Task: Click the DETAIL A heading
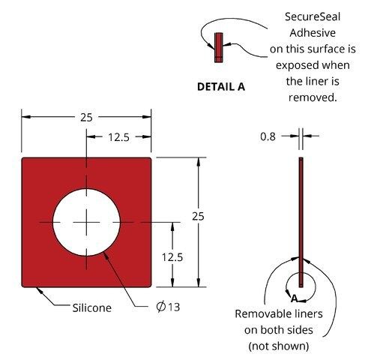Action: tap(221, 87)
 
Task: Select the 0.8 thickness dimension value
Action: tap(268, 136)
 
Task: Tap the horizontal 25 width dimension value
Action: tap(86, 117)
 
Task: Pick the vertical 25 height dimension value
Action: tap(198, 216)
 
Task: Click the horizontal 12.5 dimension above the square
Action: tap(118, 137)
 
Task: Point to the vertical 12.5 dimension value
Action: tap(172, 257)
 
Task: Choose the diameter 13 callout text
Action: tap(168, 307)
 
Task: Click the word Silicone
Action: tap(92, 307)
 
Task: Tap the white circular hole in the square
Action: tap(86, 222)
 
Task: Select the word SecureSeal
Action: tap(313, 16)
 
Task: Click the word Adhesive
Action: tap(313, 33)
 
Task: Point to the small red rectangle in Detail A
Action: tap(219, 47)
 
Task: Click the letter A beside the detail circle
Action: tap(295, 298)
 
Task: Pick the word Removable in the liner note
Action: tap(259, 314)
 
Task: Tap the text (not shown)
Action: tap(279, 346)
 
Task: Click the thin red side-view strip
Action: tap(301, 222)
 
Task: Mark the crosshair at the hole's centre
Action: tap(86, 222)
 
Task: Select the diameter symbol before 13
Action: tap(161, 307)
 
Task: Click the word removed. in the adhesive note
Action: tap(313, 97)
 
